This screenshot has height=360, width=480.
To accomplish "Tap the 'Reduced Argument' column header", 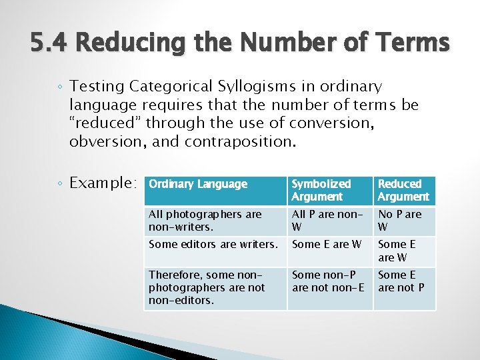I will click(x=403, y=190).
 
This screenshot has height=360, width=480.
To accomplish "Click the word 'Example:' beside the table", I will click(x=104, y=183).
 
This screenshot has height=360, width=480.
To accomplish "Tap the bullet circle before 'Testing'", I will click(x=60, y=87).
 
